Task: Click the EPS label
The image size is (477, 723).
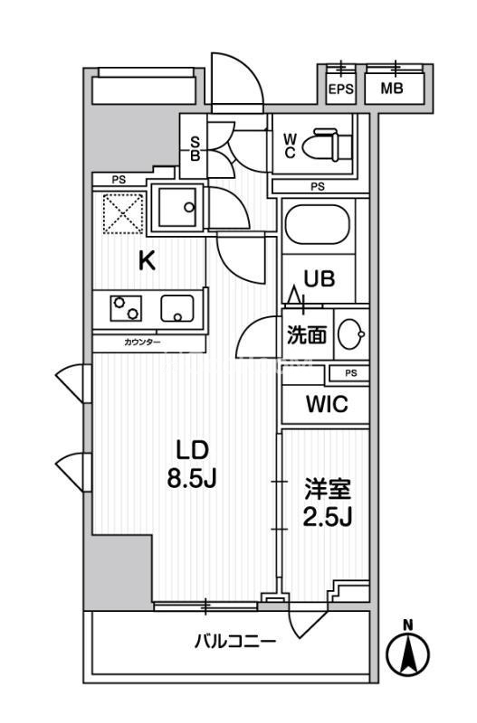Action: click(x=341, y=89)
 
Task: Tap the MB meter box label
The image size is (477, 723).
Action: click(x=391, y=89)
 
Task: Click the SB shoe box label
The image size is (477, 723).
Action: click(x=195, y=148)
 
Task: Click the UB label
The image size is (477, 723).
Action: click(x=319, y=278)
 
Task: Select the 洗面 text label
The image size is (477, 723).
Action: click(x=306, y=335)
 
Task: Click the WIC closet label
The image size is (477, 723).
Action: click(x=326, y=404)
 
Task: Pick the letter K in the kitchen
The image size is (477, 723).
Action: click(x=147, y=261)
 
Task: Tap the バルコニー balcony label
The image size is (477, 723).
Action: click(x=235, y=642)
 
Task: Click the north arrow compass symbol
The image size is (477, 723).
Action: click(x=407, y=651)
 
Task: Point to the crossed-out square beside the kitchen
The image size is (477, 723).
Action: click(x=123, y=212)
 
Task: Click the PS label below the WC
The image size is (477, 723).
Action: click(x=316, y=187)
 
